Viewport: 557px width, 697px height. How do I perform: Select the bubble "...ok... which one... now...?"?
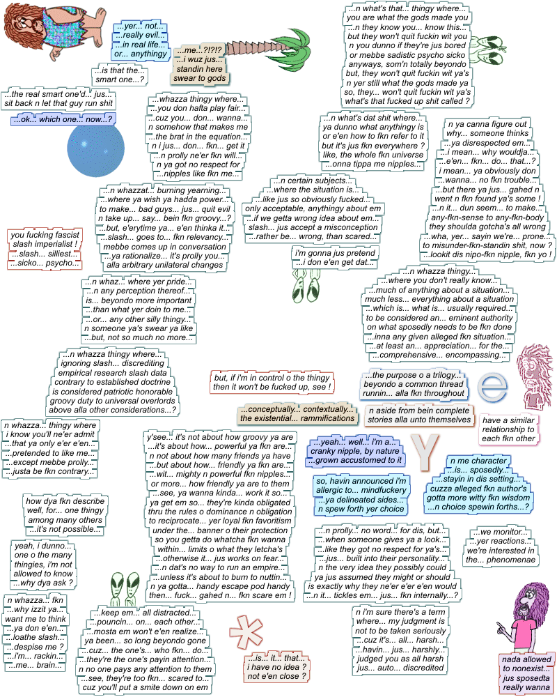tap(63, 120)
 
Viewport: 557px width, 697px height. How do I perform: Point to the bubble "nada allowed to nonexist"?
tap(526, 673)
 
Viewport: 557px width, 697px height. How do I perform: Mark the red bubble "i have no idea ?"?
tap(277, 667)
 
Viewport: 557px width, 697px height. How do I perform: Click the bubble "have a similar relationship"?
tap(509, 429)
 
